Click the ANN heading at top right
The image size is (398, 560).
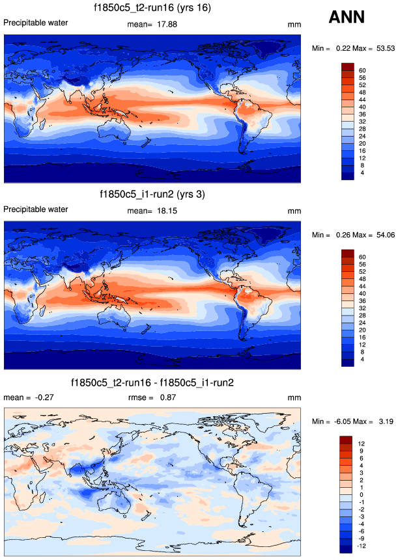(x=350, y=17)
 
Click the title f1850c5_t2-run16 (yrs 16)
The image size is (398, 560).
(x=153, y=8)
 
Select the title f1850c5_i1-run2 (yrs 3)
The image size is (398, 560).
(x=153, y=194)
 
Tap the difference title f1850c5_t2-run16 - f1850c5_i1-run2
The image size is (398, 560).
(x=153, y=382)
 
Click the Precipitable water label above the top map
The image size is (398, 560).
(x=36, y=23)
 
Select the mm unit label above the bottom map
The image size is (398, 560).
(x=293, y=397)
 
